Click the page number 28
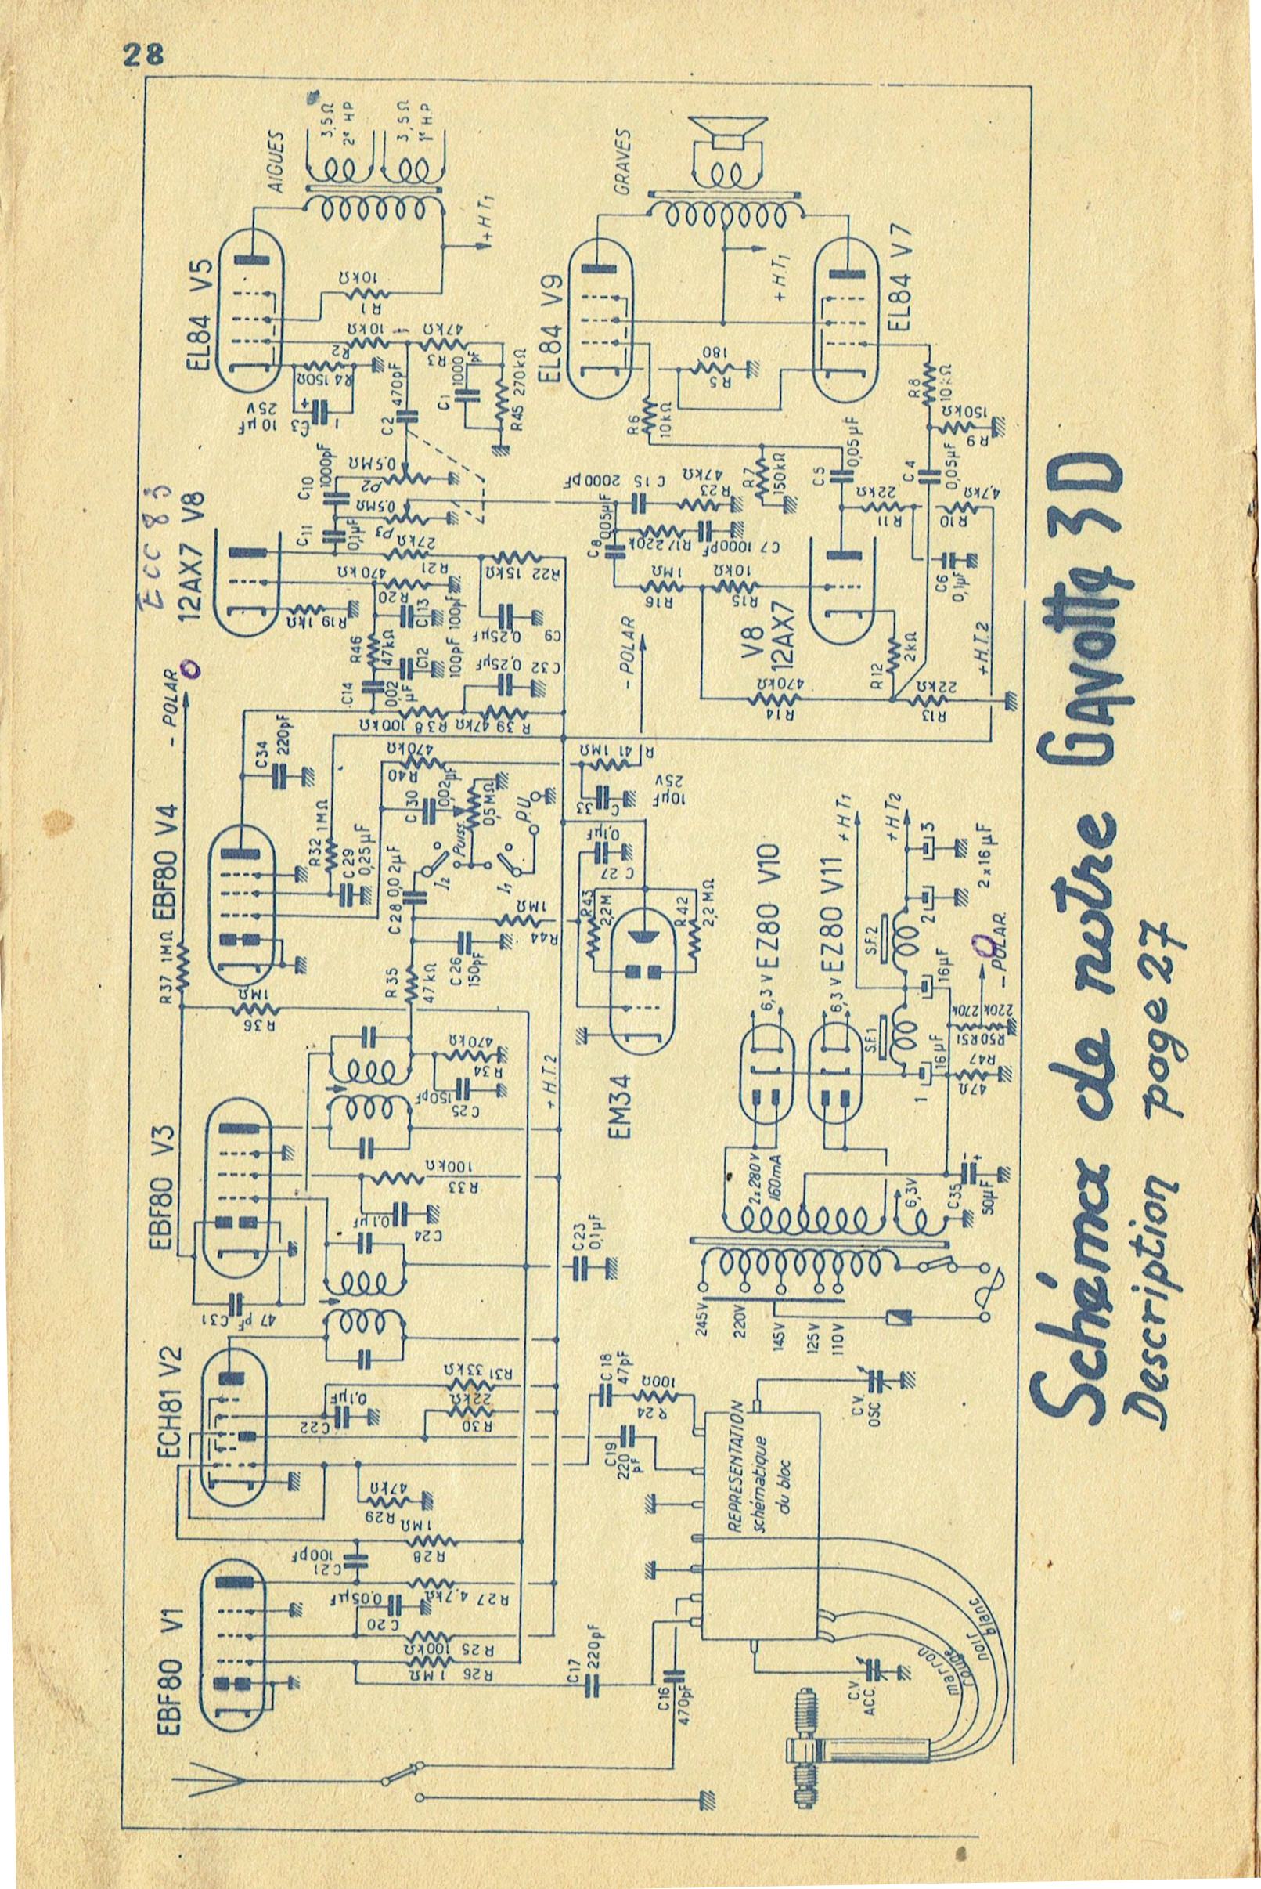click(143, 55)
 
